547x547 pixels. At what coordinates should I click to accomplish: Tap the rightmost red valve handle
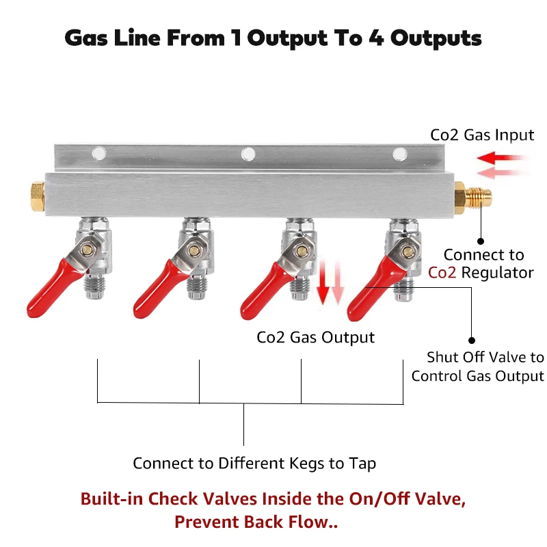[373, 290]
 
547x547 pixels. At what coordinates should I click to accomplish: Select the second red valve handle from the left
[159, 289]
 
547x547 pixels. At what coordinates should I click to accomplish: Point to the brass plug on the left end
[38, 196]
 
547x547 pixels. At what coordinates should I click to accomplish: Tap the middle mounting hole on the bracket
[248, 154]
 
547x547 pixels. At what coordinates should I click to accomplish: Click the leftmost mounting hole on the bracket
[98, 153]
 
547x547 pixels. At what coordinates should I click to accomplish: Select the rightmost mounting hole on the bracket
[399, 154]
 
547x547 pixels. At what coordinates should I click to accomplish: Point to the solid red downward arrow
[323, 282]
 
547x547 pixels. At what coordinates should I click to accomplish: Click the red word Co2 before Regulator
[442, 272]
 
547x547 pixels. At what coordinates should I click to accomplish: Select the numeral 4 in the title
[377, 38]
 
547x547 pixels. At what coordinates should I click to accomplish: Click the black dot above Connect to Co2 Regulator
[481, 241]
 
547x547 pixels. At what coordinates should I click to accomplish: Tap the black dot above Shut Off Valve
[472, 340]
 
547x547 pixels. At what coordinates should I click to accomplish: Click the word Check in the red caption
[173, 499]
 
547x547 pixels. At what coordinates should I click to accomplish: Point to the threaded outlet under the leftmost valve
[95, 286]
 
